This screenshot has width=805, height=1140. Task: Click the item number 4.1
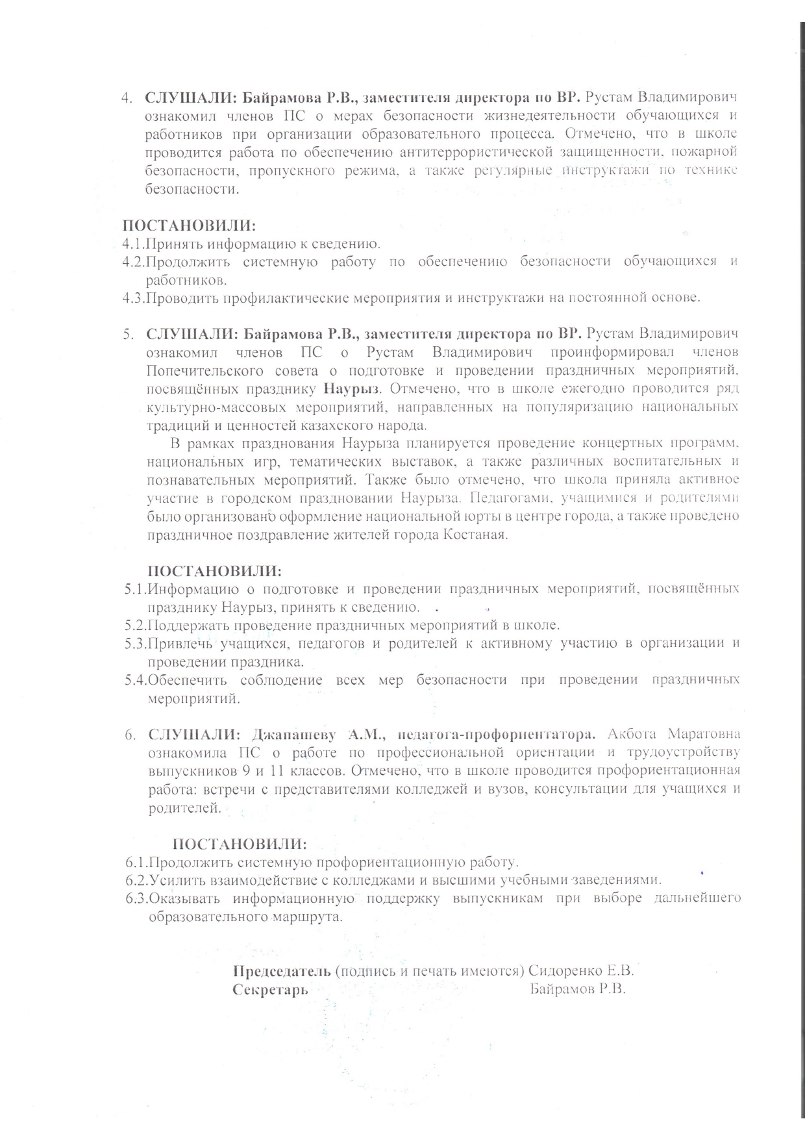pos(132,244)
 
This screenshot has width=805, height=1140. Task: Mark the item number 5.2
pos(136,626)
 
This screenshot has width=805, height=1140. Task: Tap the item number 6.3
pos(137,899)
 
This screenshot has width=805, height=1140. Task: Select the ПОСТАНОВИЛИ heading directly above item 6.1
pos(239,844)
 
